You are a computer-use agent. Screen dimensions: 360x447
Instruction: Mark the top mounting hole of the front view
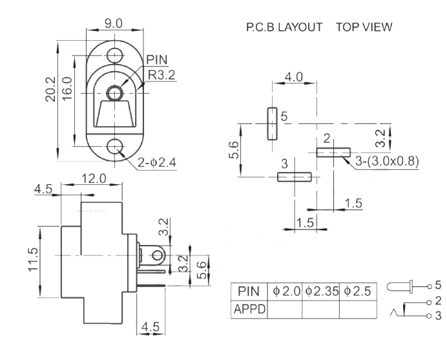(116, 54)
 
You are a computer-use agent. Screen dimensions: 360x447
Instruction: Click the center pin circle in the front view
(116, 93)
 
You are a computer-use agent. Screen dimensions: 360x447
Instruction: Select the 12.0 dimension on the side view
(94, 178)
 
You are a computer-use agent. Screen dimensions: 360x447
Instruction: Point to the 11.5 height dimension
(34, 260)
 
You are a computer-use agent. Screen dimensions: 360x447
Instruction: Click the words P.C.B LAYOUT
(284, 28)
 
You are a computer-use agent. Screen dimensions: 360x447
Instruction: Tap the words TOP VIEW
(364, 28)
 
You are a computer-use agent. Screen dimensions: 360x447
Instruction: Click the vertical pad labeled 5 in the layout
(272, 123)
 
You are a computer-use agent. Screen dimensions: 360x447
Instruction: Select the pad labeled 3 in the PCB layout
(294, 176)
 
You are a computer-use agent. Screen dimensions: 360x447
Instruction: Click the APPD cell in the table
(249, 309)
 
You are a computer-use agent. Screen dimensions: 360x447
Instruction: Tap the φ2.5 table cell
(357, 291)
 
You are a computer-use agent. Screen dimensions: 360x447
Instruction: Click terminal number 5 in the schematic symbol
(437, 284)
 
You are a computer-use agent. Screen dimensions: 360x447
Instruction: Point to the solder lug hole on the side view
(156, 258)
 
